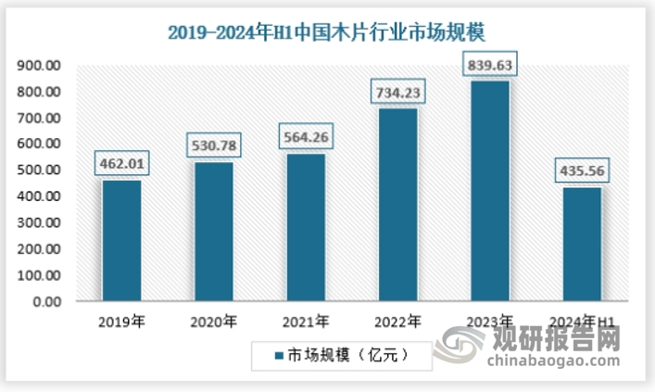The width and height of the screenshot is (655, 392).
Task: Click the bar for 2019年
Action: (121, 241)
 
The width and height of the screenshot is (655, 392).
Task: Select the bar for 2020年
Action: (213, 233)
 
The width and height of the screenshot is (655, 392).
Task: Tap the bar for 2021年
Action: (305, 228)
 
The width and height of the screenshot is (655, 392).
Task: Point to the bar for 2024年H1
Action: (581, 245)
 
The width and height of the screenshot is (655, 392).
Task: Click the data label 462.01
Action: (121, 165)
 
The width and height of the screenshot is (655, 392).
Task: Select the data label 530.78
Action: (213, 147)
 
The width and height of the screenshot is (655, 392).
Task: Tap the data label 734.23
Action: (397, 95)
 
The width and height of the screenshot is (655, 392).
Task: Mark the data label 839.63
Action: (488, 66)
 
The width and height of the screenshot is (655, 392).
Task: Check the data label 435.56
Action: (581, 171)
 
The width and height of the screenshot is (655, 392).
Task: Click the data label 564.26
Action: (305, 138)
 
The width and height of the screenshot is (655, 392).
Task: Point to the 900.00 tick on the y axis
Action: (40, 66)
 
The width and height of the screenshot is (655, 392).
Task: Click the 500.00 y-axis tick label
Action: (40, 171)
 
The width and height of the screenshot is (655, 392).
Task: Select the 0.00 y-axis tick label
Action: (46, 302)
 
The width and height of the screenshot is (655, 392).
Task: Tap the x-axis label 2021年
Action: (305, 322)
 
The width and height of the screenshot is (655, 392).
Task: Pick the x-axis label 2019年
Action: (121, 322)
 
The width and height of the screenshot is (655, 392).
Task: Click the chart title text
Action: (326, 33)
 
